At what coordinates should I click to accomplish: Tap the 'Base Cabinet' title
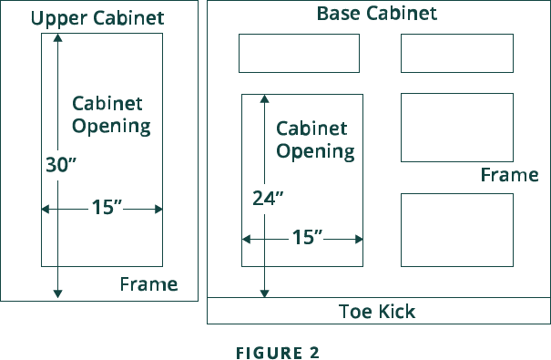tap(377, 14)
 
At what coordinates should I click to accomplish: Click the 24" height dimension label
tap(268, 198)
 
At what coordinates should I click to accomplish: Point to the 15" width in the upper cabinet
tap(107, 208)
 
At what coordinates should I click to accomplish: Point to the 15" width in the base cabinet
tap(307, 238)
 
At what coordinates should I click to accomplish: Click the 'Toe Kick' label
tap(377, 312)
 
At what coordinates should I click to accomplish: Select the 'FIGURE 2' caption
tap(278, 353)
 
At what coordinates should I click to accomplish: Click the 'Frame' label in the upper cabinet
tap(148, 284)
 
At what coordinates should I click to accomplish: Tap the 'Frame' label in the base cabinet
tap(509, 175)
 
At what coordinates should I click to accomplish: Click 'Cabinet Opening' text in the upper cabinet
tap(110, 115)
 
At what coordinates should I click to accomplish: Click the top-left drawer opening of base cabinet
tap(299, 53)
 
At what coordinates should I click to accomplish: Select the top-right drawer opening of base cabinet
tap(456, 53)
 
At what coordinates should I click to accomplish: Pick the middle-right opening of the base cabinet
tap(456, 128)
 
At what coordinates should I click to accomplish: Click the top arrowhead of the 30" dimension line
tap(58, 37)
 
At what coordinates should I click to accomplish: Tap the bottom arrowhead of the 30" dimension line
tap(58, 293)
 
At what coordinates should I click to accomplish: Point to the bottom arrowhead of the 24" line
tap(265, 293)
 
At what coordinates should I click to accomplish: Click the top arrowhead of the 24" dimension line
tap(265, 97)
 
